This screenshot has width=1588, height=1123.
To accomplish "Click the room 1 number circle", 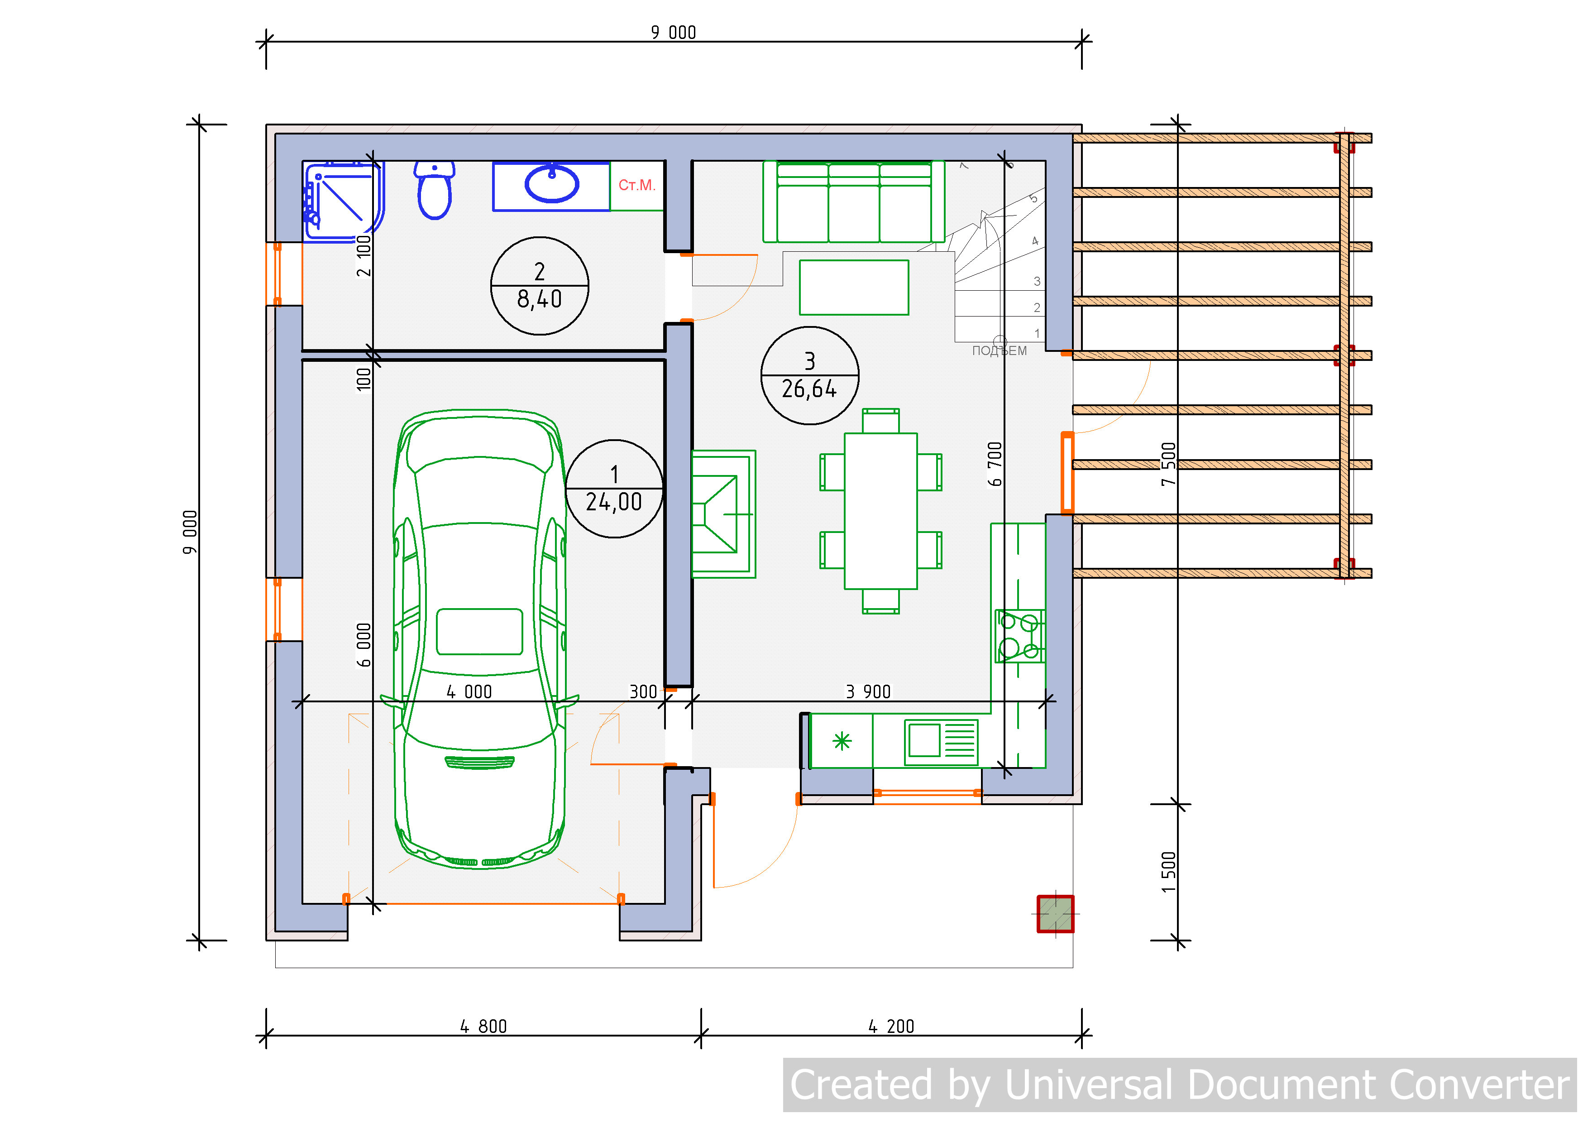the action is coord(614,489).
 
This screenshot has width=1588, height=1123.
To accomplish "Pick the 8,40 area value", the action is coord(540,299).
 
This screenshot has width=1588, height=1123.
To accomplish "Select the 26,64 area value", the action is coord(809,389).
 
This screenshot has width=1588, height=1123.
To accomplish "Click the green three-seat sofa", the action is coord(853,202).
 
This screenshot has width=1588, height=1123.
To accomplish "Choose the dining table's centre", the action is coord(880,511).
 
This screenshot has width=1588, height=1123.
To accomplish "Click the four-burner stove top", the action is coord(1019,636).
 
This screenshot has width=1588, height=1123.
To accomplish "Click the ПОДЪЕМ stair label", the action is coord(1000,351).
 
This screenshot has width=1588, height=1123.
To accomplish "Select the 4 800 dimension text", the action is coord(483,1026).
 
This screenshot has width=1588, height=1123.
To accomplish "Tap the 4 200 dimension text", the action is coord(891,1026).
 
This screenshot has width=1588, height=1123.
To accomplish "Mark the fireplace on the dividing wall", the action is coord(723,514).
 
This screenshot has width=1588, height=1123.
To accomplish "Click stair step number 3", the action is coord(1037,281).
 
